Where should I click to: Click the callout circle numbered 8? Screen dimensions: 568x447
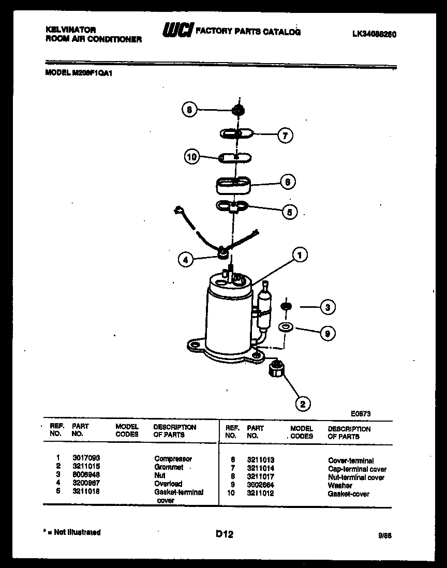(189, 110)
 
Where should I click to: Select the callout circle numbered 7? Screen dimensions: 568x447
(285, 136)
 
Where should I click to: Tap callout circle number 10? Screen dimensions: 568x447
(192, 156)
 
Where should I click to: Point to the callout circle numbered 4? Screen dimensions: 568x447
(185, 260)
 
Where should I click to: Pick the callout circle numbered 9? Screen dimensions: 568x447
(327, 334)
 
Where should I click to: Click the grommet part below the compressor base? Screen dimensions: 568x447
(276, 369)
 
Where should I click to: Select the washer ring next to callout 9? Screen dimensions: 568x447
(285, 327)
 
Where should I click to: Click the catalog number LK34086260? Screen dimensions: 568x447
(374, 35)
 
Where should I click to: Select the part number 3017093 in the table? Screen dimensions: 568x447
(86, 458)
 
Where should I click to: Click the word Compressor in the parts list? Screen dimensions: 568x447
(173, 458)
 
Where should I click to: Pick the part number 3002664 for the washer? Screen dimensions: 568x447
(261, 485)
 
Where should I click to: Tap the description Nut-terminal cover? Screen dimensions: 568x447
(356, 477)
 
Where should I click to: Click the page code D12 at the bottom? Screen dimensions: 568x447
(224, 534)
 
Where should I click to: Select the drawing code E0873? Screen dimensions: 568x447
(360, 413)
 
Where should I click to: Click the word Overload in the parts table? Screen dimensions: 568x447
(168, 484)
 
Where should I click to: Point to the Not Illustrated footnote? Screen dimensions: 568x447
(73, 532)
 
